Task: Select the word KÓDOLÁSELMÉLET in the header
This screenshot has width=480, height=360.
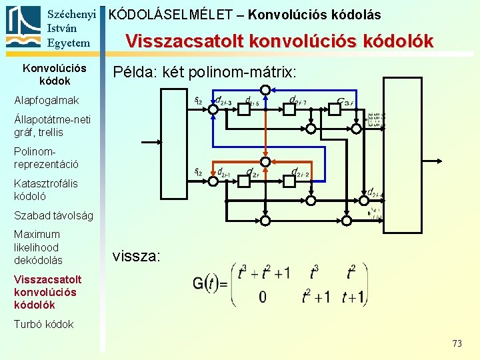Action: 171,14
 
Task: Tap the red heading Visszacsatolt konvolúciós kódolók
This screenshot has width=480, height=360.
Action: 279,42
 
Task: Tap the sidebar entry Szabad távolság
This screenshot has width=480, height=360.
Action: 53,215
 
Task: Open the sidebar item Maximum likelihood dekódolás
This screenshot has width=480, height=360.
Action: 38,247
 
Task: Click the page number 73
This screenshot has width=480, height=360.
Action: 457,343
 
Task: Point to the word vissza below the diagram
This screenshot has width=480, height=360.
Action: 136,255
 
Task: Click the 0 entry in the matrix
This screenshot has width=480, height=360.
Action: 262,297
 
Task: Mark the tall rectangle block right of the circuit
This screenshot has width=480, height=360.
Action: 403,155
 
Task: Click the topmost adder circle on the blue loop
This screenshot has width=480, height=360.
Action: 265,90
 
